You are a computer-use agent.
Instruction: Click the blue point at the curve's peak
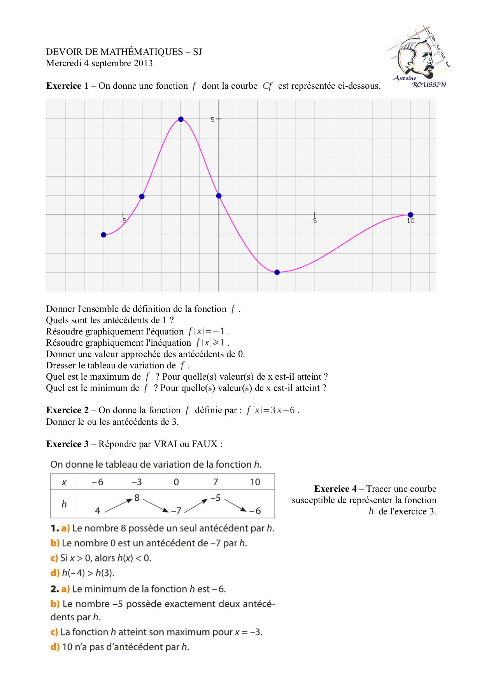(x=181, y=119)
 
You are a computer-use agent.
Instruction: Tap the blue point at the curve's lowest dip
(x=277, y=272)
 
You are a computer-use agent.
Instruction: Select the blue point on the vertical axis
(x=219, y=196)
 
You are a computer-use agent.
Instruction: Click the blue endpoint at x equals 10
(x=410, y=215)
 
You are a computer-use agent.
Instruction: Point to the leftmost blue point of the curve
(x=103, y=235)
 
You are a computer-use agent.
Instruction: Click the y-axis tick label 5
(x=212, y=120)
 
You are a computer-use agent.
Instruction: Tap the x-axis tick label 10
(x=410, y=221)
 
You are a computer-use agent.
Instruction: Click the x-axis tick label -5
(x=123, y=221)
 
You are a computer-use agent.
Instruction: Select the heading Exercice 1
(x=67, y=86)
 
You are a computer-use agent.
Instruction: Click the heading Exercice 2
(x=67, y=410)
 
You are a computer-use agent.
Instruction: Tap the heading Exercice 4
(x=335, y=489)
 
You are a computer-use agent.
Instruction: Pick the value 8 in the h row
(x=137, y=498)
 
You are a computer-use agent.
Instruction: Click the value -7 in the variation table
(x=176, y=511)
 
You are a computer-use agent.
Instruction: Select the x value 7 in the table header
(x=216, y=482)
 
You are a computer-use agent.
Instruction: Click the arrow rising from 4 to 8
(x=118, y=505)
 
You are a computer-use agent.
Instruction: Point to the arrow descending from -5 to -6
(x=236, y=505)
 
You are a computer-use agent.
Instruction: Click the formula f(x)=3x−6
(x=271, y=410)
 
